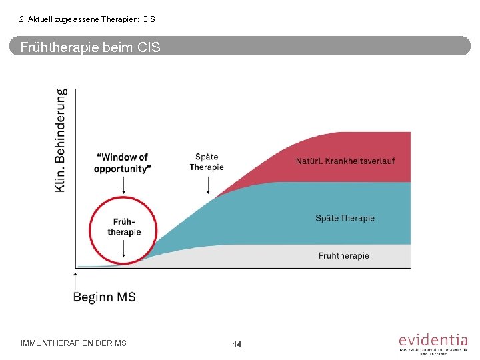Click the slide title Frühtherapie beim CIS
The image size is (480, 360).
(x=90, y=47)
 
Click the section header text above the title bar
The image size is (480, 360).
(x=87, y=19)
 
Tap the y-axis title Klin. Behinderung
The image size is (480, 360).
(x=61, y=141)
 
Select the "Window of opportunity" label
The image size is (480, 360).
(x=123, y=163)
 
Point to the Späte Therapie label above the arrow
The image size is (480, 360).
(x=207, y=162)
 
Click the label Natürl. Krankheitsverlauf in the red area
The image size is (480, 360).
(x=345, y=161)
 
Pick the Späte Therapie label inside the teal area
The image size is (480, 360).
(x=345, y=218)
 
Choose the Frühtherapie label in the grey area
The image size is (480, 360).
(x=343, y=255)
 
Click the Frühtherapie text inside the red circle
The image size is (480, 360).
(x=124, y=227)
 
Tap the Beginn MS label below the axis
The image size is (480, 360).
(x=104, y=297)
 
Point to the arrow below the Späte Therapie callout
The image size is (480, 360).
(x=208, y=183)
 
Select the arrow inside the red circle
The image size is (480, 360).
(x=124, y=249)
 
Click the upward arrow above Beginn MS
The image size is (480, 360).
(x=75, y=279)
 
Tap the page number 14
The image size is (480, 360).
(x=237, y=344)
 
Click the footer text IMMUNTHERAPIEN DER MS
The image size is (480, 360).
(x=73, y=343)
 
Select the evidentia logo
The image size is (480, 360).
(x=433, y=343)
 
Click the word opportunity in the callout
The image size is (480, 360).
(x=123, y=169)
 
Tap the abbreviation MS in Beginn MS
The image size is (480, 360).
(x=126, y=297)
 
